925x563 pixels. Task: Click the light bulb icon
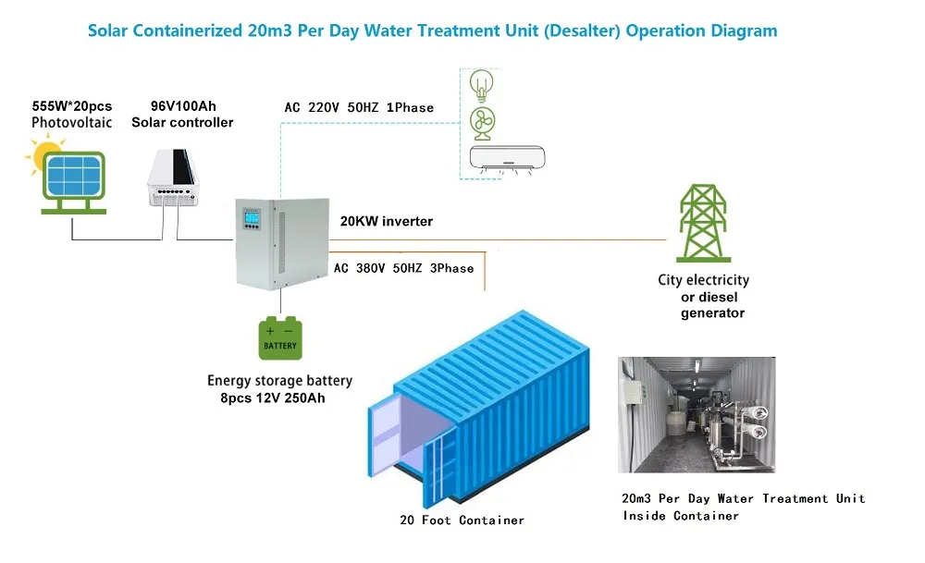pyautogui.click(x=481, y=85)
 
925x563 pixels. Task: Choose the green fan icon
pyautogui.click(x=482, y=121)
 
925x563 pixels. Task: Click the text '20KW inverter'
pyautogui.click(x=386, y=222)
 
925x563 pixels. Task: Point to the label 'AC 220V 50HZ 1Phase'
pyautogui.click(x=359, y=108)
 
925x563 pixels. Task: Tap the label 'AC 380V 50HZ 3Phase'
pyautogui.click(x=402, y=268)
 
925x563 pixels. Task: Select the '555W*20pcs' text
pyautogui.click(x=71, y=106)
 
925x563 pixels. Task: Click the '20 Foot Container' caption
pyautogui.click(x=455, y=520)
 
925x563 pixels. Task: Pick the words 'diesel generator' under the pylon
pyautogui.click(x=712, y=305)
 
